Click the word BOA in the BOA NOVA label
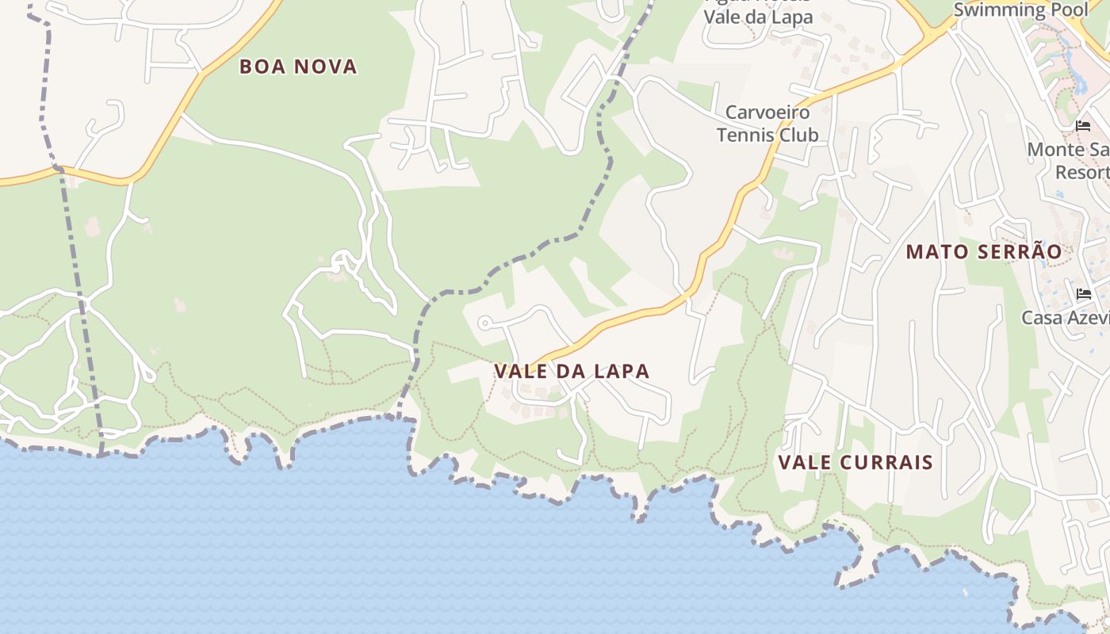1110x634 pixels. pos(262,67)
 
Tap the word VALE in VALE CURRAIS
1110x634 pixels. pos(803,462)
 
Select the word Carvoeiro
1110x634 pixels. pos(767,113)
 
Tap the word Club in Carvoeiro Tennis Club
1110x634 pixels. pos(798,135)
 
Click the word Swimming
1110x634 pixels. pos(998,10)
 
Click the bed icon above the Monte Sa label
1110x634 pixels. pos(1083,126)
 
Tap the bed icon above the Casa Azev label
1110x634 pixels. pos(1084,294)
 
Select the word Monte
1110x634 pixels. pos(1055,150)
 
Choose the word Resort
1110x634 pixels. pos(1081,172)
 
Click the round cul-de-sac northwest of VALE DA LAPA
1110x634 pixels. pos(484,323)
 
